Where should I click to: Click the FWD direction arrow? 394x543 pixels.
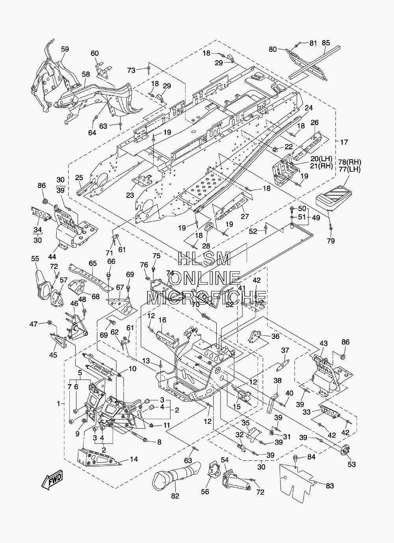click(x=52, y=480)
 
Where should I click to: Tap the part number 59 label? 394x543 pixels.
click(x=65, y=49)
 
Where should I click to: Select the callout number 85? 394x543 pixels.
click(x=326, y=43)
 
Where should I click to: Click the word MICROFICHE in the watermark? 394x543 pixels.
click(x=207, y=298)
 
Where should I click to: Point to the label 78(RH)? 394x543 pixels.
click(x=350, y=162)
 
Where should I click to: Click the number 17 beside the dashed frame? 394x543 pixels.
click(x=344, y=142)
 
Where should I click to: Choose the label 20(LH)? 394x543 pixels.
click(x=322, y=159)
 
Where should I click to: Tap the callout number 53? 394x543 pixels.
click(x=351, y=464)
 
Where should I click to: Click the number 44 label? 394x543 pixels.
click(x=52, y=257)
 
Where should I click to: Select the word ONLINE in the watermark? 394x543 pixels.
click(x=204, y=279)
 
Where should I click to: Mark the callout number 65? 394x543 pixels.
click(x=93, y=263)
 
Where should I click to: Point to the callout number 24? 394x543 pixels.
click(x=309, y=108)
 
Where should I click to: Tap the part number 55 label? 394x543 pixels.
click(x=35, y=259)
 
